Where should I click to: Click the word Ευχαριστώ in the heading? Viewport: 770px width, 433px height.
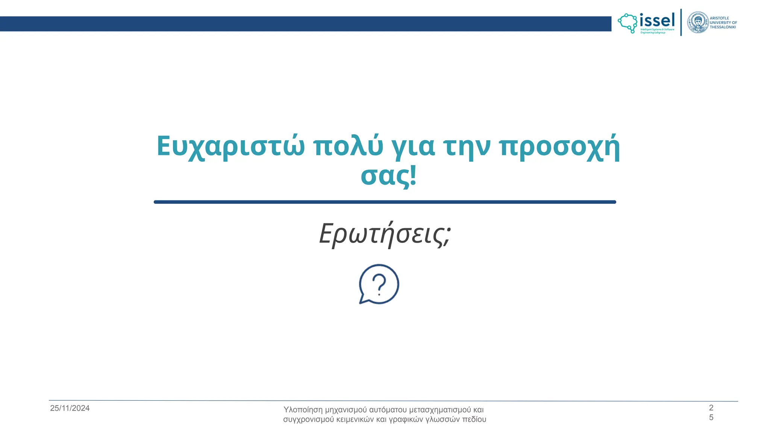[230, 147]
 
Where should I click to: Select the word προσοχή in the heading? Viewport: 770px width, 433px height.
[559, 147]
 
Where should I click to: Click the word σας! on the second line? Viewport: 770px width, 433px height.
[388, 176]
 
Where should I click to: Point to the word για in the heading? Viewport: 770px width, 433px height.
[413, 147]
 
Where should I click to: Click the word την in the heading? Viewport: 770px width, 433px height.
[467, 147]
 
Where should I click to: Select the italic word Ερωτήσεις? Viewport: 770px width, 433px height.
[385, 234]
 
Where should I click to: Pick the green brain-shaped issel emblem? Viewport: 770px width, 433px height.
[628, 23]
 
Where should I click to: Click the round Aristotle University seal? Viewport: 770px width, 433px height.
[697, 22]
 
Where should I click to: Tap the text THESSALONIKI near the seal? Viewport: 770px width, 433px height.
[723, 27]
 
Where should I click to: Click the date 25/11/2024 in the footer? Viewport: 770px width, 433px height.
[70, 408]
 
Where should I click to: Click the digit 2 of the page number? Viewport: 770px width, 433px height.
[711, 407]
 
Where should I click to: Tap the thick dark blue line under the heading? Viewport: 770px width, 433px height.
[385, 202]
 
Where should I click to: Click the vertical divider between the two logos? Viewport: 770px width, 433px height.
[681, 22]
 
